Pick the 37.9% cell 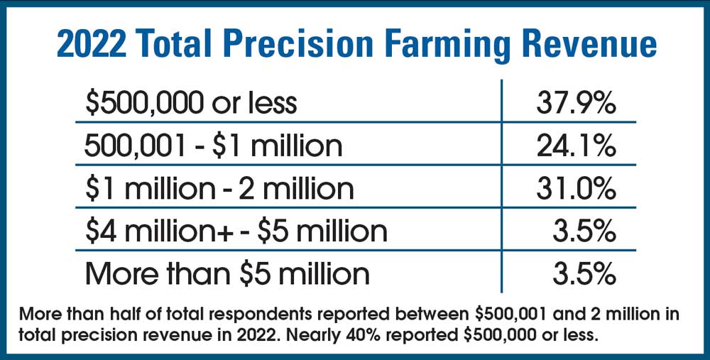[575, 104]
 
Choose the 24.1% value [575, 146]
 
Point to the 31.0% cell [575, 188]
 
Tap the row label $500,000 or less [190, 104]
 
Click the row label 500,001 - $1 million [213, 146]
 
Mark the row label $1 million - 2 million [219, 188]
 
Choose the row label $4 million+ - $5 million [236, 231]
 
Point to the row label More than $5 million [227, 273]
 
